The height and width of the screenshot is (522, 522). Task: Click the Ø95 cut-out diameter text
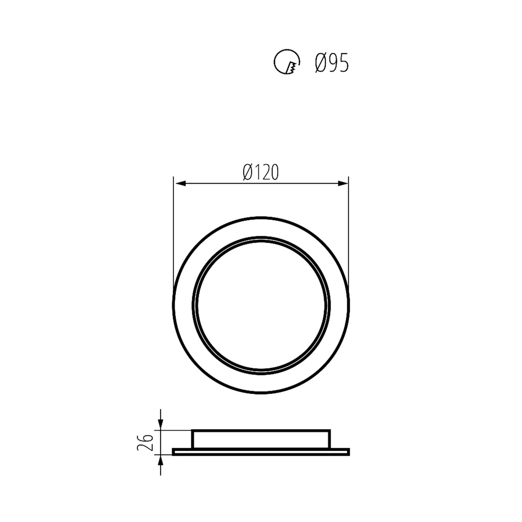pos(332,63)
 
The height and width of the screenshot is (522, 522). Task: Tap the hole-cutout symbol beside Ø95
pos(286,62)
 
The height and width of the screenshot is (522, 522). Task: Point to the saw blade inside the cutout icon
pos(291,69)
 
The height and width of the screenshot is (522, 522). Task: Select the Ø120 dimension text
pos(261,172)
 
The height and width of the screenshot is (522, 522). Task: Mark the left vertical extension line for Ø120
pos(174,232)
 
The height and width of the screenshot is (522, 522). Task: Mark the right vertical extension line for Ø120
pos(348,232)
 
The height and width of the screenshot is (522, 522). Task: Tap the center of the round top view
pos(261,305)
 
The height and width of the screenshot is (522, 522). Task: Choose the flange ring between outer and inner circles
pos(261,228)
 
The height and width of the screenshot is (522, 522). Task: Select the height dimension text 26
pos(146,442)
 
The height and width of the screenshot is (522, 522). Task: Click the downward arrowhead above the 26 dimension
pos(160,425)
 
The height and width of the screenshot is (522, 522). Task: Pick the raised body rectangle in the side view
pos(261,439)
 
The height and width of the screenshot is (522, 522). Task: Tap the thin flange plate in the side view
pos(261,452)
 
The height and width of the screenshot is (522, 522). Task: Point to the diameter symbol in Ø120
pos(248,172)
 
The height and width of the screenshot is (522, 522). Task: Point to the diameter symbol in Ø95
pos(319,63)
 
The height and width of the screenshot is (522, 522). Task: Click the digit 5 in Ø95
pos(342,63)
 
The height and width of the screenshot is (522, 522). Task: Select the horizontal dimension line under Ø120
pos(261,184)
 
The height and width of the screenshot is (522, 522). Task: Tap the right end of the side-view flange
pos(348,452)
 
